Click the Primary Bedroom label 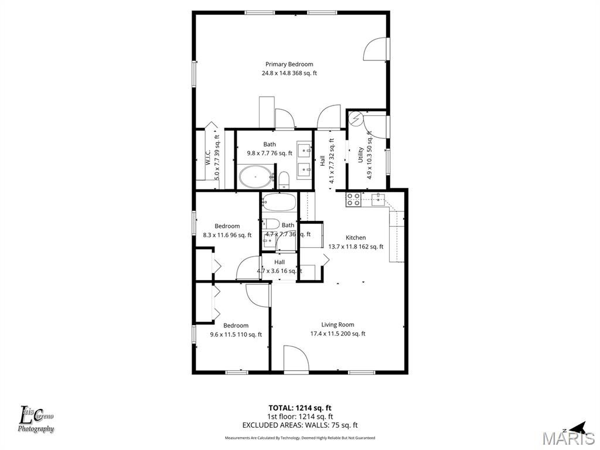[289, 64]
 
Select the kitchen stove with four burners [353, 200]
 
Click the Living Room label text [337, 325]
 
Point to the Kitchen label [356, 237]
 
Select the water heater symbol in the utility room [356, 119]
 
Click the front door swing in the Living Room [295, 358]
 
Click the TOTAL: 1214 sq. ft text [300, 408]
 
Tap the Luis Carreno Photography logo [36, 420]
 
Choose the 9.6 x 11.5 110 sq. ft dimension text [236, 335]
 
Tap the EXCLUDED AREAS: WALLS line [300, 425]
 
